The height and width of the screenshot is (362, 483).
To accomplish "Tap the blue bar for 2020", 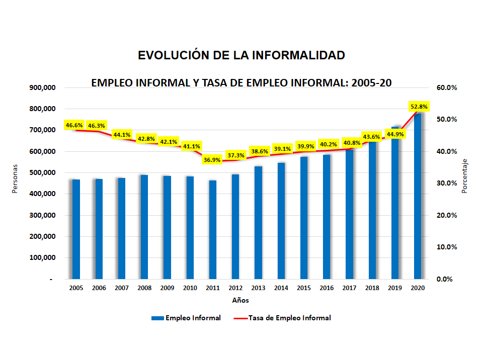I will tap(418, 196).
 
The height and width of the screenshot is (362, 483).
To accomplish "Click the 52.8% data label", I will tap(419, 107).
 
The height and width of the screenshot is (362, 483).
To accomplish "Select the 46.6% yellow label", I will tap(74, 125).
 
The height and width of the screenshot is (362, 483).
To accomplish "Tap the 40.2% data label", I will tap(328, 144).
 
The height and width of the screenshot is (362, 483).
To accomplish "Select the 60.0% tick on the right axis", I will tap(446, 87).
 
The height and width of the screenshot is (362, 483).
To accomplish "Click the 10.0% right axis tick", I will tap(446, 247).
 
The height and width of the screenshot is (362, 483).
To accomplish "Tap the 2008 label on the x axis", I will tap(144, 288).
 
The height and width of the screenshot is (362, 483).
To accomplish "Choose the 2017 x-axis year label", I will tap(349, 288).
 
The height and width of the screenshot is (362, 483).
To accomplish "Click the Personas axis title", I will tap(16, 178).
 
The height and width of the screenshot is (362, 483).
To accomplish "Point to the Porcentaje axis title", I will tap(465, 176).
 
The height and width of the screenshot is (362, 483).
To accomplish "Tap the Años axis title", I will tap(240, 301).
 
